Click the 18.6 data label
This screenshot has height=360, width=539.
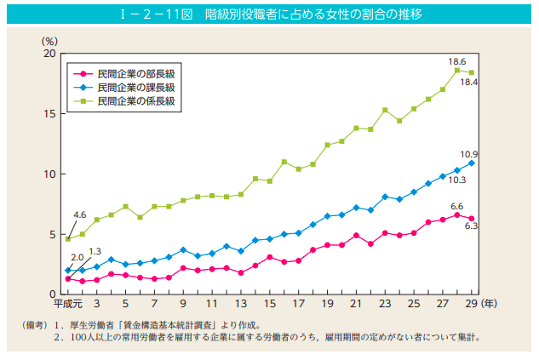pos(457,62)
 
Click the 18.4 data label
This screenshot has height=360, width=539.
pos(469,82)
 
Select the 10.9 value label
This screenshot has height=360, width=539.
pos(469,154)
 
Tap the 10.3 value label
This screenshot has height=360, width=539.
pos(457,180)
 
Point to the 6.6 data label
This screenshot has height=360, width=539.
pos(456,206)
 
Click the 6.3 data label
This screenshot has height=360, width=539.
pos(469,226)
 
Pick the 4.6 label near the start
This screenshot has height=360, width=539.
pos(80,214)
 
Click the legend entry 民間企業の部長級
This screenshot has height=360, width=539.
pos(135,74)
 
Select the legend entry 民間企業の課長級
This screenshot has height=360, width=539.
pos(135,87)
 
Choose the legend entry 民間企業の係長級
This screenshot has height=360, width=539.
pos(135,100)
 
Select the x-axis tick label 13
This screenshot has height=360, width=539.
pos(241,304)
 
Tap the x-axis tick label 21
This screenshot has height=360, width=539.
pos(356,304)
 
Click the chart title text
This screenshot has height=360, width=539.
pos(268,14)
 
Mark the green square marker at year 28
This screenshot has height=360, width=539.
pos(457,70)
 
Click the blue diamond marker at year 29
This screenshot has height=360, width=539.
pos(472,163)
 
